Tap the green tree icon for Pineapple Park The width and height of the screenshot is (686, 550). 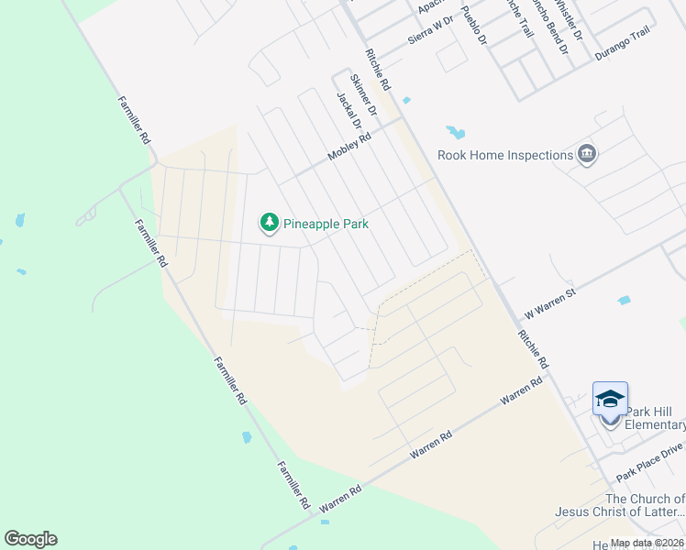[x=269, y=223]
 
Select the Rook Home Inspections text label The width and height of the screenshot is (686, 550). [x=505, y=155]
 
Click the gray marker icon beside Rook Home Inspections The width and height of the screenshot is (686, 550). [x=588, y=154]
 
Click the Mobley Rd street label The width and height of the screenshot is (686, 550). [x=349, y=148]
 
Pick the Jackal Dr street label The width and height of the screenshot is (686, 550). [x=349, y=111]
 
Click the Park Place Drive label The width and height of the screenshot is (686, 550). [x=650, y=460]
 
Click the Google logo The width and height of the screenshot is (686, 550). [x=30, y=539]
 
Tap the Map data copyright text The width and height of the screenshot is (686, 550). [x=647, y=543]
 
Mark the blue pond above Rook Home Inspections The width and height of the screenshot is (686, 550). [x=455, y=132]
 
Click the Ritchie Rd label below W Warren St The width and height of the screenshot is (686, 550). [x=531, y=350]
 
